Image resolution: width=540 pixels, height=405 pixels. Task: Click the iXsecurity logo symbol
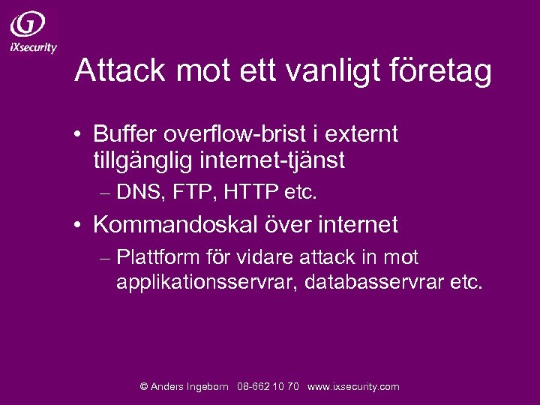[28, 24]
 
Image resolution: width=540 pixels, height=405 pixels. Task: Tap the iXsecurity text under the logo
[34, 47]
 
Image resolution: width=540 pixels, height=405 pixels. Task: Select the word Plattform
[158, 257]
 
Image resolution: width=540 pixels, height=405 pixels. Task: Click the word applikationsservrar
[206, 283]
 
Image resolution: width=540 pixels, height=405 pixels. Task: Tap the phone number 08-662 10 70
[268, 387]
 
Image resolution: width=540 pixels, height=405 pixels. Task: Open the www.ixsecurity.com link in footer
[353, 387]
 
